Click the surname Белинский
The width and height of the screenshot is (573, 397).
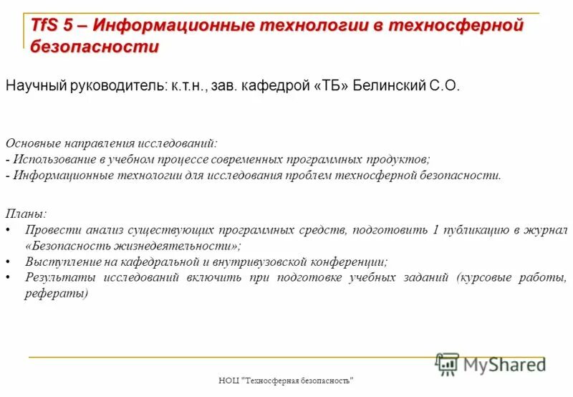click(390, 86)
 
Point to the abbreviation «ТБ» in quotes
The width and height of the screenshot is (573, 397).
click(332, 86)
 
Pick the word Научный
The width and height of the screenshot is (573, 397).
click(35, 86)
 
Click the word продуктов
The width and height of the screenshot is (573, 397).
click(402, 159)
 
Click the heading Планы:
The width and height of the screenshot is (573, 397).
click(26, 214)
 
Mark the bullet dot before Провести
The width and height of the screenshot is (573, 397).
click(8, 230)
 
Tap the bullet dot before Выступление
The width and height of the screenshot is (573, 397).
click(8, 262)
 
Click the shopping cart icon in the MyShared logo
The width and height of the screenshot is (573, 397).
click(447, 364)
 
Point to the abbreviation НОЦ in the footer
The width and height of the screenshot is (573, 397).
click(229, 381)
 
